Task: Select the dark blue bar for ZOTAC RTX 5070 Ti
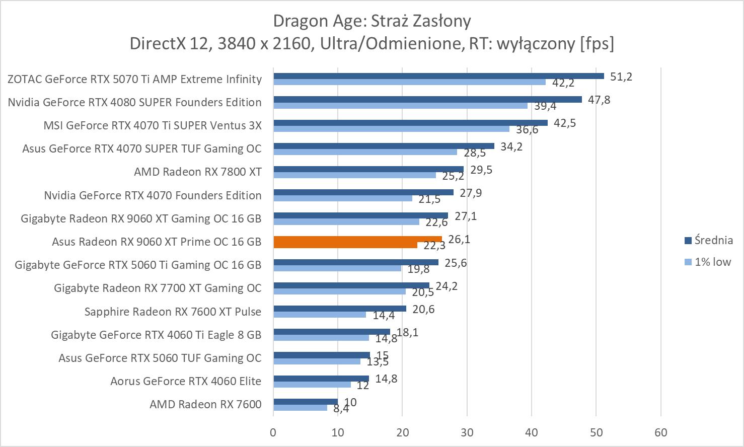tap(438, 76)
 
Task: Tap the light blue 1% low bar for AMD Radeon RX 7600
tap(300, 408)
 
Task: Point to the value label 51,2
tap(621, 77)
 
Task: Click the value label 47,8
tap(599, 100)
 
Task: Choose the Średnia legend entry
tap(709, 240)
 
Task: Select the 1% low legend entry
tap(708, 262)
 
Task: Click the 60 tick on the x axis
tap(660, 432)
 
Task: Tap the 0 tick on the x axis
tap(273, 432)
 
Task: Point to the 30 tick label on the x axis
tap(467, 432)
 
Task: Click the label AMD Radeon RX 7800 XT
tap(197, 172)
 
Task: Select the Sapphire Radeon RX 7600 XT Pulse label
tap(173, 312)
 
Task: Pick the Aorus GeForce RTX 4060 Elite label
tap(186, 381)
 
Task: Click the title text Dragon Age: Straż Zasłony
tap(371, 21)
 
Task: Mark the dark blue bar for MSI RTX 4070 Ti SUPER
tap(410, 122)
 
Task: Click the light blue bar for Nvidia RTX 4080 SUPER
tap(400, 105)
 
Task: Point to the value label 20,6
tap(423, 310)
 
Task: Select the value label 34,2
tap(511, 147)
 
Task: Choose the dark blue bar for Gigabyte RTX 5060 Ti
tap(355, 262)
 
